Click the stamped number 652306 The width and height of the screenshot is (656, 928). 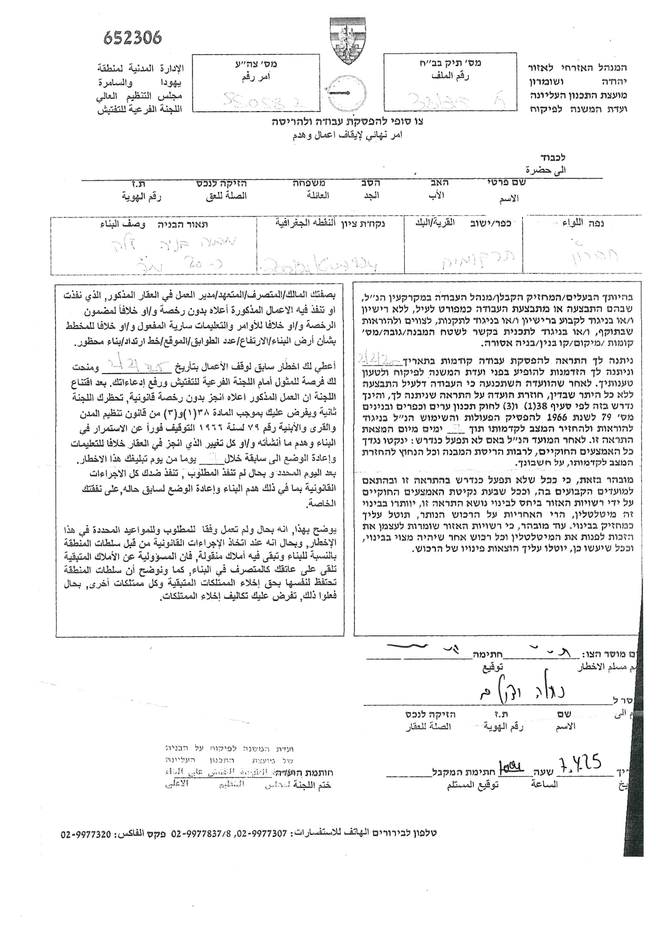coord(132,38)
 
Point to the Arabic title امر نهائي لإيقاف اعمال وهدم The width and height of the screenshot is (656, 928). coord(348,135)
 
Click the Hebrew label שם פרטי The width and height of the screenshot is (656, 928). coord(503,183)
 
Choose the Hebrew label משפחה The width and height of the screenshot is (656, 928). coord(309,183)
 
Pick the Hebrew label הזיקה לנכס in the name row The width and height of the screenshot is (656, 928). coord(223,183)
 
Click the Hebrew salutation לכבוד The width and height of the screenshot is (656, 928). coord(553,158)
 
